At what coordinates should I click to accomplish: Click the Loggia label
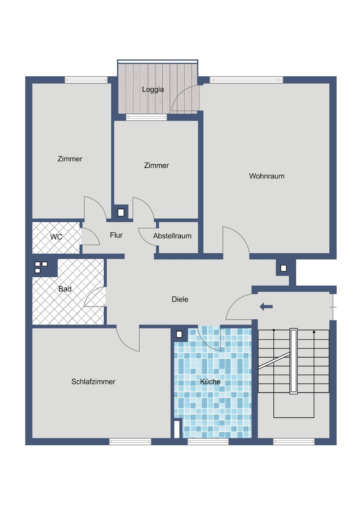click(x=153, y=90)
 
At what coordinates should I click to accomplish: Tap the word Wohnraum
click(x=266, y=176)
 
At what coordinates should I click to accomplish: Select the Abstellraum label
click(x=172, y=236)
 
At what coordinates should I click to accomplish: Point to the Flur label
click(x=116, y=235)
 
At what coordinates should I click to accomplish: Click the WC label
click(x=56, y=237)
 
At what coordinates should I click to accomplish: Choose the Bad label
click(x=65, y=289)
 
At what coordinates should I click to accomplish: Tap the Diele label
click(x=180, y=299)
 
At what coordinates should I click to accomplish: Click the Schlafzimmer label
click(x=93, y=382)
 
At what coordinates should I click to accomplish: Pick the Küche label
click(x=210, y=382)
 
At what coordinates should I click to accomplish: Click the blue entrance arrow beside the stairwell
click(x=266, y=307)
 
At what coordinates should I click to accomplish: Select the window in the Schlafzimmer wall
click(x=130, y=441)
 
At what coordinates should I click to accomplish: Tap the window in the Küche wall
click(x=208, y=441)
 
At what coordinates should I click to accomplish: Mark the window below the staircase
click(x=294, y=441)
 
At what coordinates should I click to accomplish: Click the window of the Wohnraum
click(x=246, y=80)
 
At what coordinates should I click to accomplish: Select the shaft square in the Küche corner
click(x=179, y=334)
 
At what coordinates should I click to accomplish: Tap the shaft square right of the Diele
click(x=283, y=268)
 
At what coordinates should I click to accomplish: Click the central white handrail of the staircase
click(x=294, y=361)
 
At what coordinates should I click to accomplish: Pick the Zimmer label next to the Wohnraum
click(x=157, y=165)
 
